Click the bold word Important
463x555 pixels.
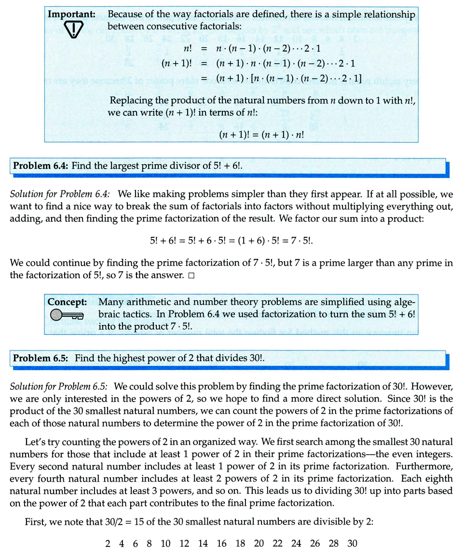(70, 14)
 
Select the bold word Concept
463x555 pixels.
(67, 302)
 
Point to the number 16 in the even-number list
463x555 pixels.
(221, 543)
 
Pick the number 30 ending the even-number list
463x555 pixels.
(352, 543)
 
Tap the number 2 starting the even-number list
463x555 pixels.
(108, 543)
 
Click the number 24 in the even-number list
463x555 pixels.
(296, 543)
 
